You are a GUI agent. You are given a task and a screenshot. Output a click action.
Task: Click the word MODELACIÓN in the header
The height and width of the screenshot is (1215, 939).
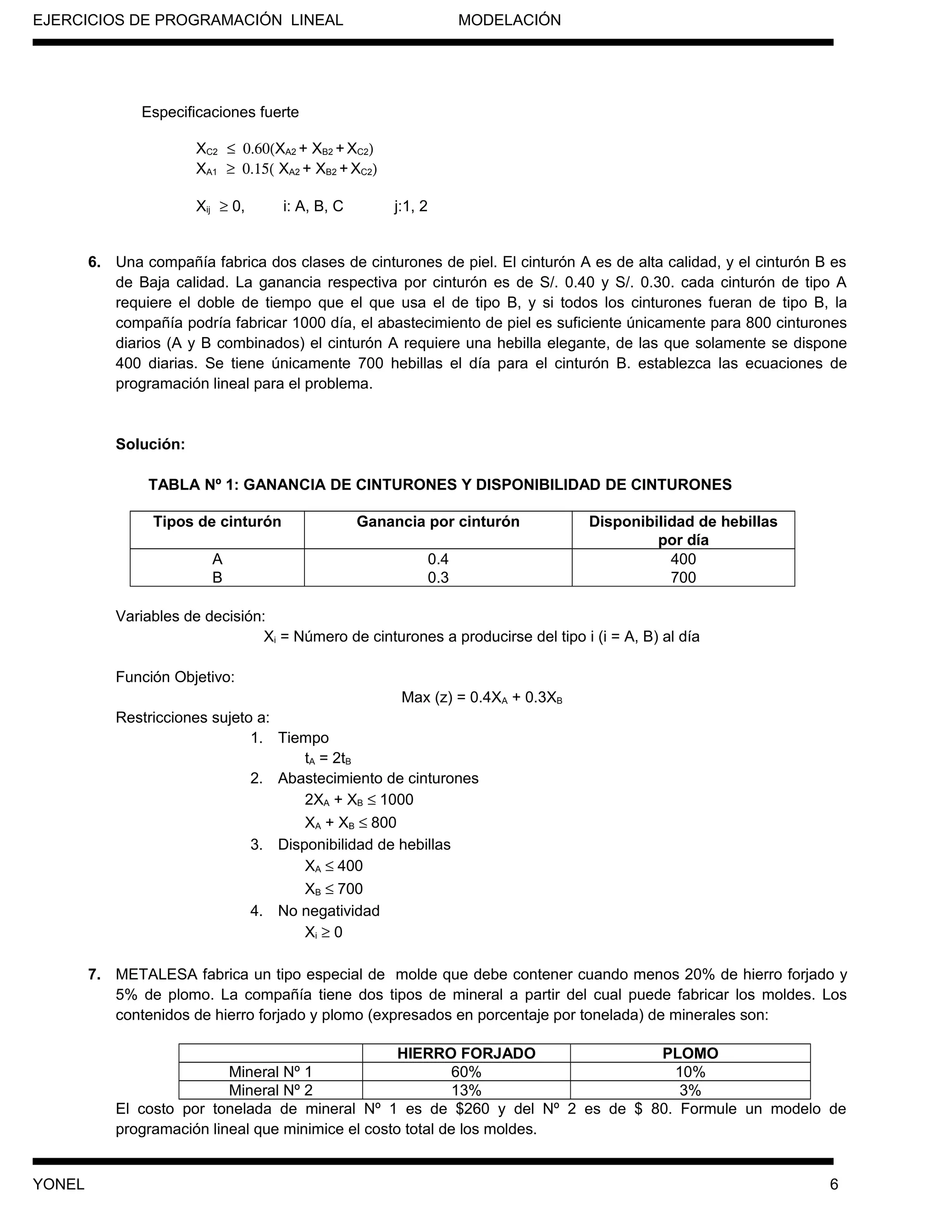[x=509, y=21]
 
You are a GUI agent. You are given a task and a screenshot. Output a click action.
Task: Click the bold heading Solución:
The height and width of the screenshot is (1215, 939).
[x=150, y=444]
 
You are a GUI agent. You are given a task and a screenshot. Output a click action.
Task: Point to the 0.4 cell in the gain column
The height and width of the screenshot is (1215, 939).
[x=438, y=559]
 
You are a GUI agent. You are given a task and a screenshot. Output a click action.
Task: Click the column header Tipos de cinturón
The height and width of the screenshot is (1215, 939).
[x=217, y=522]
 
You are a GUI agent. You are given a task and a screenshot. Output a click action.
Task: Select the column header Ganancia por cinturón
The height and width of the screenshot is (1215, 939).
[x=438, y=522]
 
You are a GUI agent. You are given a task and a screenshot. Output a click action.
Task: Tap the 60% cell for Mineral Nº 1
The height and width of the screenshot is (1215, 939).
[x=466, y=1071]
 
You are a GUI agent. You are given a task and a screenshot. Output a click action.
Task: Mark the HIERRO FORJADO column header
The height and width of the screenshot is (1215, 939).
[x=466, y=1053]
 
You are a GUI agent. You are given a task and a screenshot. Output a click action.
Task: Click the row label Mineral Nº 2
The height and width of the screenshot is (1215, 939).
[x=271, y=1090]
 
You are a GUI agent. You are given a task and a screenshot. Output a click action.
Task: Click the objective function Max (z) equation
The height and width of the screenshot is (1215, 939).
[x=482, y=698]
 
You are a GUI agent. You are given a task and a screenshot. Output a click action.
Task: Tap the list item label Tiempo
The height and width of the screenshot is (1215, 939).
[x=303, y=738]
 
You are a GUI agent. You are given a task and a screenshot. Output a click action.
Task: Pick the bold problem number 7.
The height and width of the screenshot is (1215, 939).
[x=94, y=975]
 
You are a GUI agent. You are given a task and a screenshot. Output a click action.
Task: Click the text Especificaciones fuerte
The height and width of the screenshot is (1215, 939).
[x=220, y=112]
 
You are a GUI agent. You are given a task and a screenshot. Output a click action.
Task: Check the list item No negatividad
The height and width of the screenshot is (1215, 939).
[x=329, y=911]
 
